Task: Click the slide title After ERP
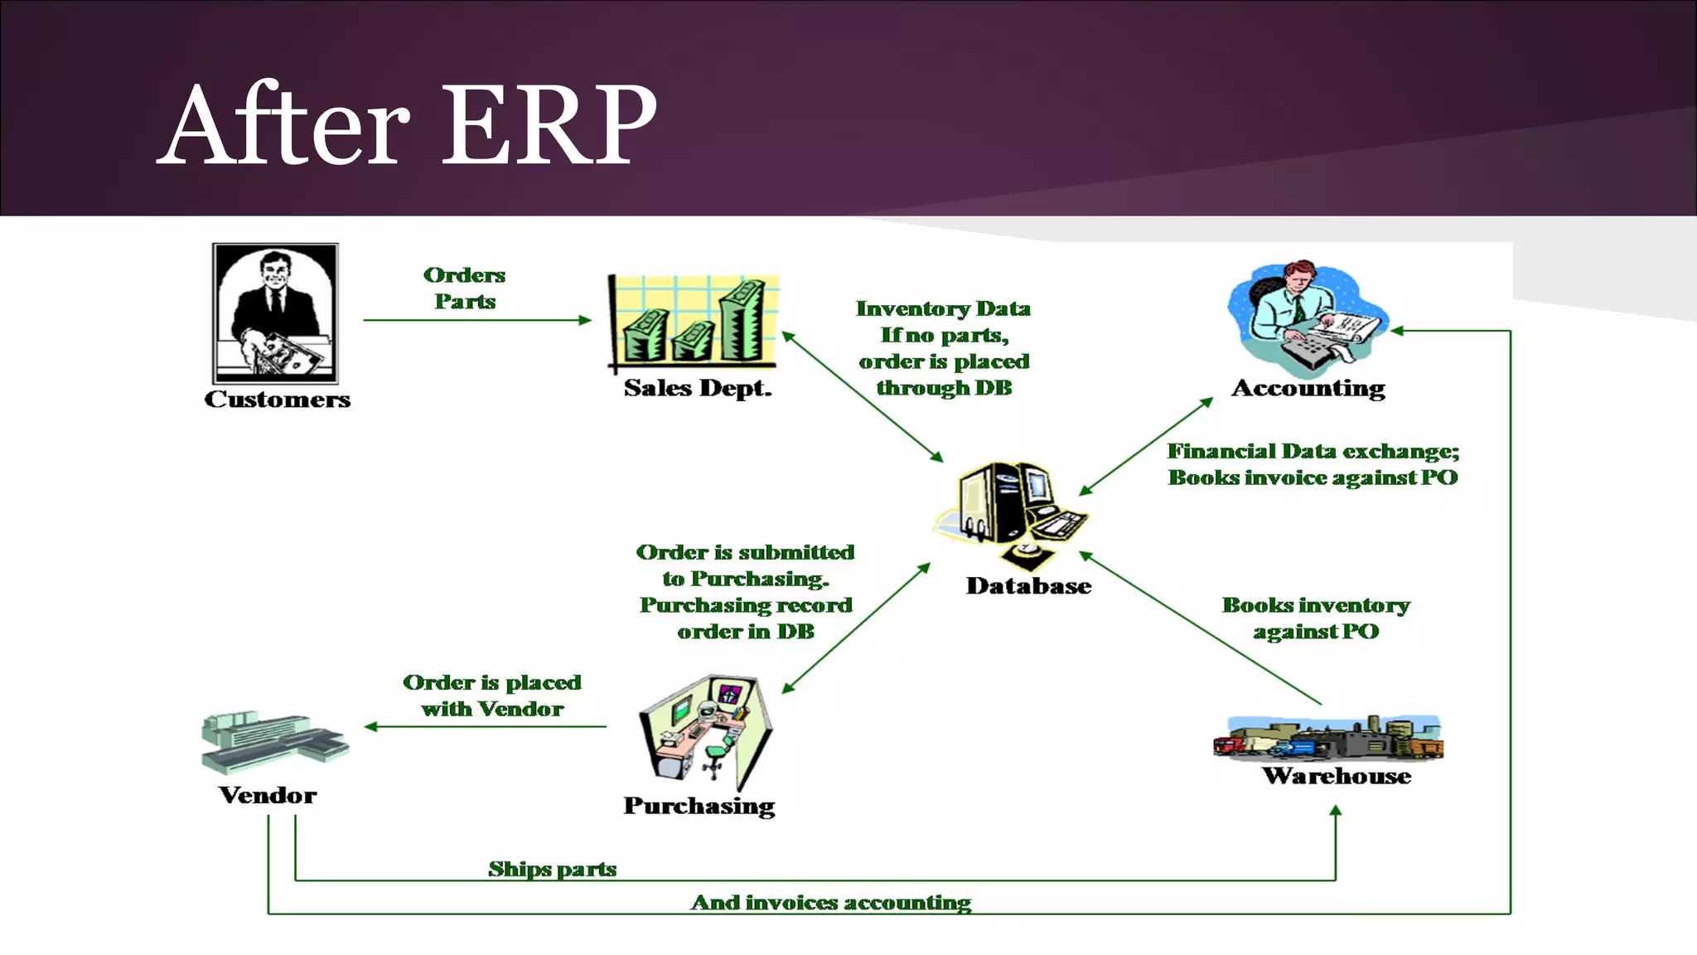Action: pyautogui.click(x=408, y=124)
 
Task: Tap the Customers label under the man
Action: pyautogui.click(x=277, y=400)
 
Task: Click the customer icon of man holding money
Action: pyautogui.click(x=275, y=313)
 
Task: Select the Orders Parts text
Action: pyautogui.click(x=464, y=288)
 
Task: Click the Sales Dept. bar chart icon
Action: pyautogui.click(x=694, y=322)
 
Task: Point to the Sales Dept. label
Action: pyautogui.click(x=698, y=388)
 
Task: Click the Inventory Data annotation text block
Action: pyautogui.click(x=943, y=348)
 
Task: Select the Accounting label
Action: pyautogui.click(x=1308, y=388)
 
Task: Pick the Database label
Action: pyautogui.click(x=1028, y=586)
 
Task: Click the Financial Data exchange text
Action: pyautogui.click(x=1313, y=464)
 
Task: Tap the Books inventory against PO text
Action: pyautogui.click(x=1316, y=618)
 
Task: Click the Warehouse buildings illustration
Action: pyautogui.click(x=1327, y=737)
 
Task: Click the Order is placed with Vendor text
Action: pyautogui.click(x=492, y=696)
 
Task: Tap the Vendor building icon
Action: pyautogui.click(x=273, y=741)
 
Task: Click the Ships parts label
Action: pyautogui.click(x=552, y=869)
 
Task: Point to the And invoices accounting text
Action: pyautogui.click(x=830, y=902)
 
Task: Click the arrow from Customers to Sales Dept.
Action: pyautogui.click(x=476, y=320)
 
